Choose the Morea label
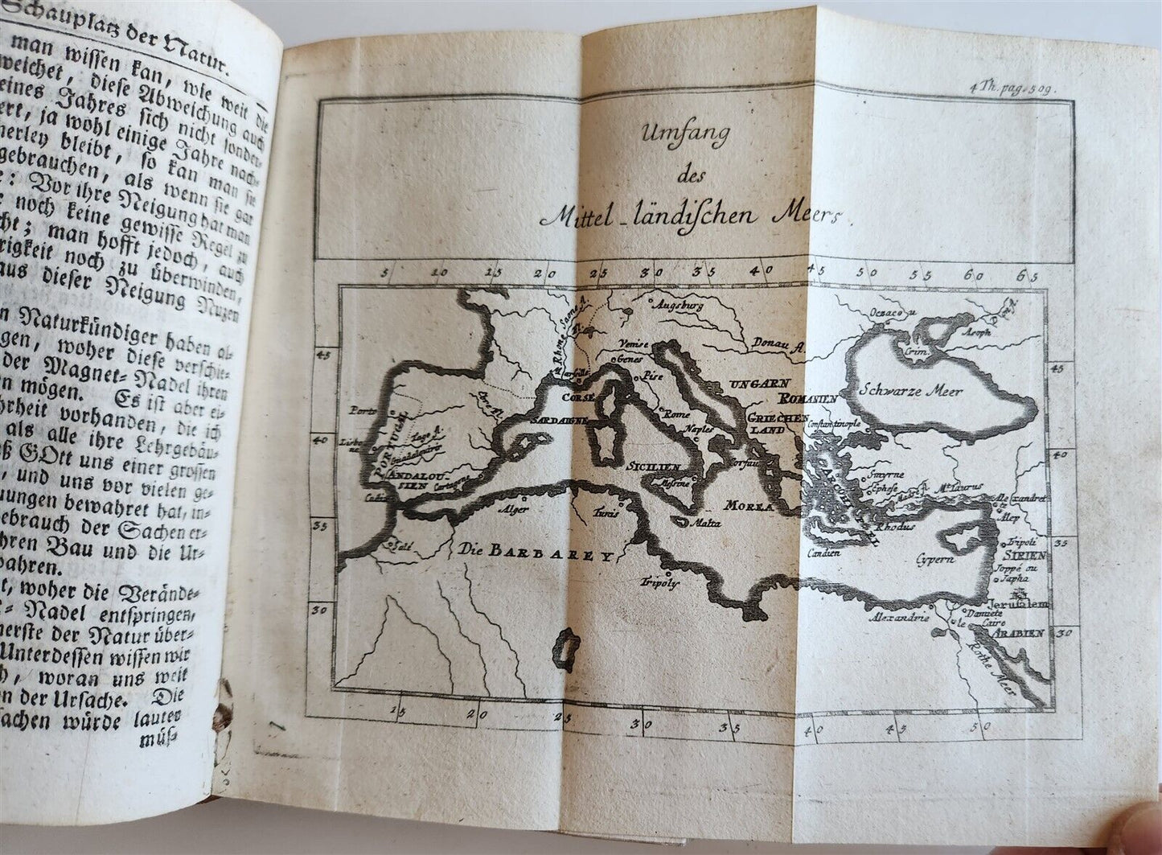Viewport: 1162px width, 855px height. (x=748, y=506)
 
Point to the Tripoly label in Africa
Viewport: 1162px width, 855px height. (x=656, y=582)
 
